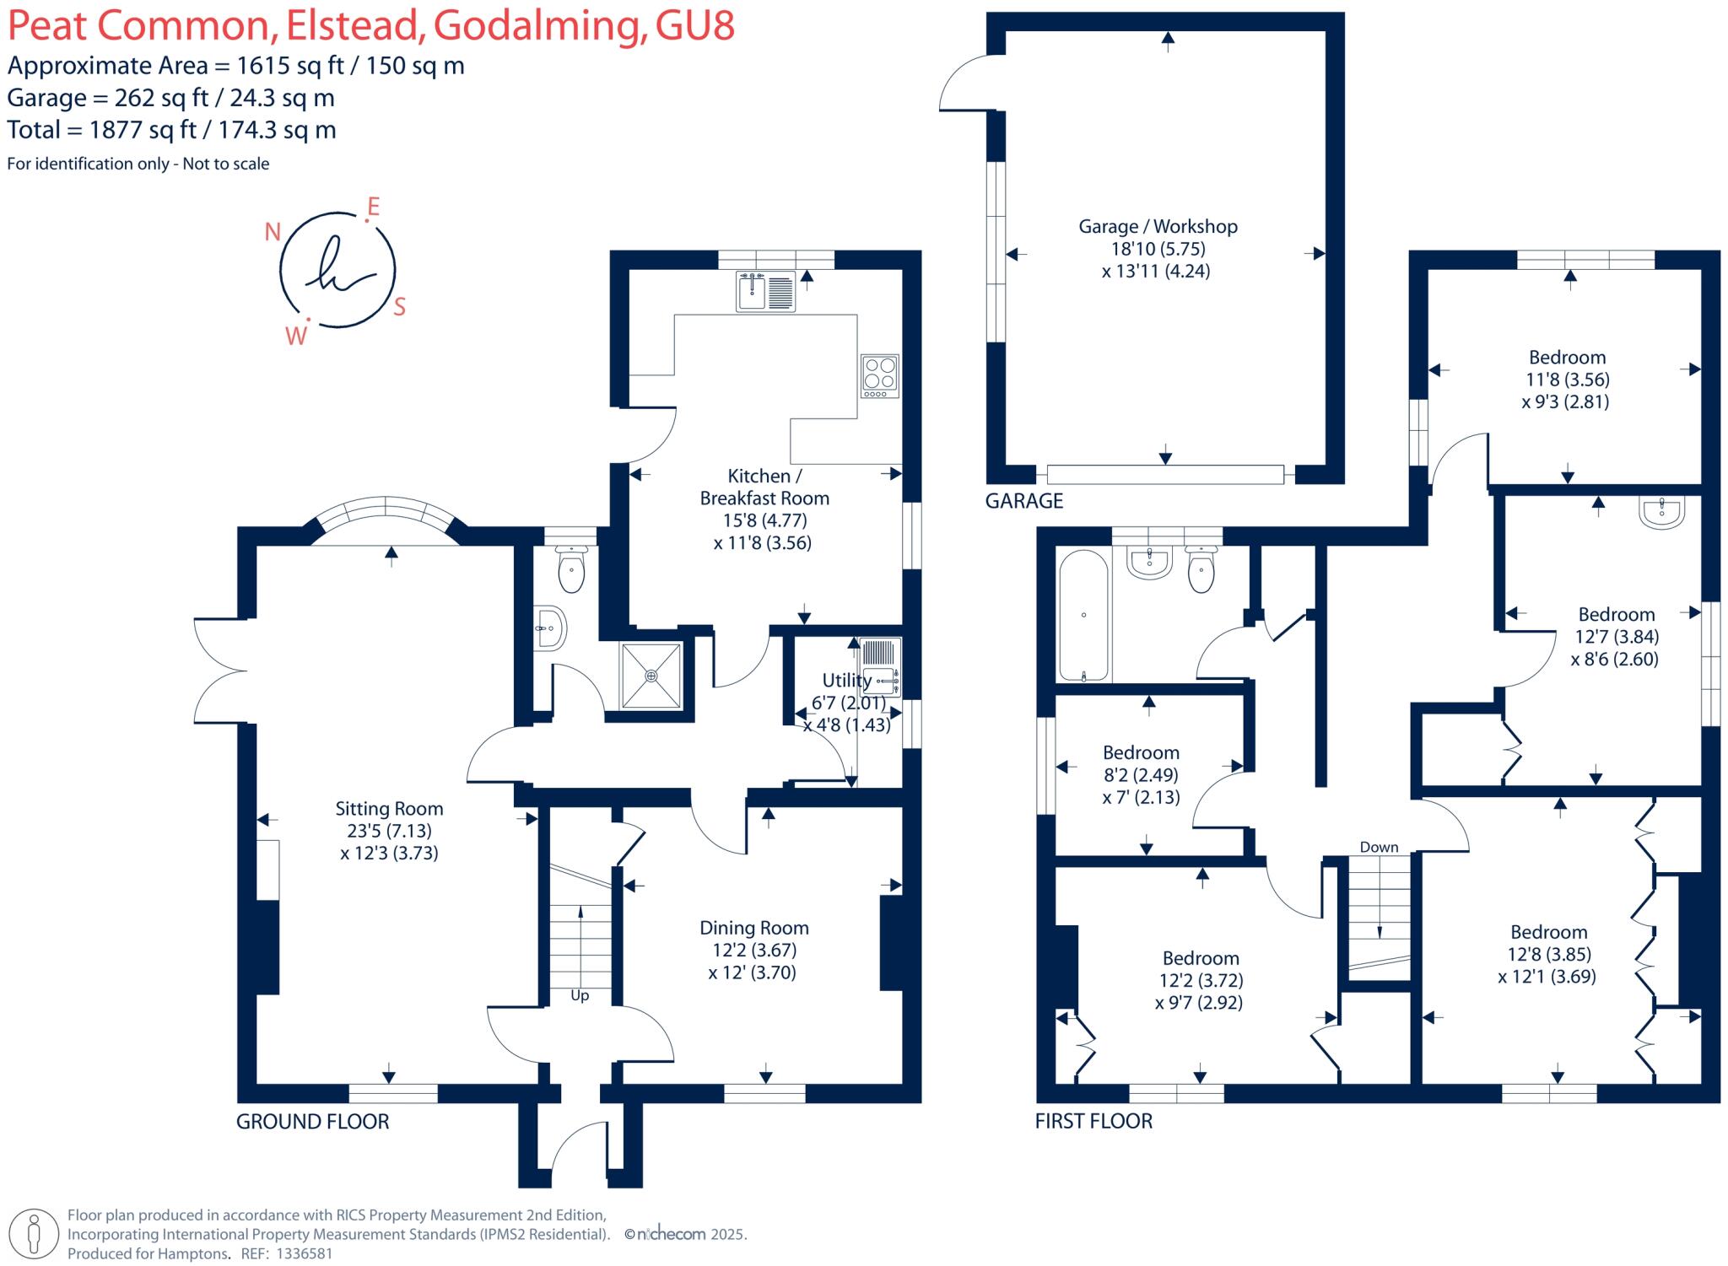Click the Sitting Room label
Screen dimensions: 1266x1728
point(389,809)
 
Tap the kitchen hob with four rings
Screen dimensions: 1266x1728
point(879,376)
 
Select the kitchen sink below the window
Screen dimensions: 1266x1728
point(765,292)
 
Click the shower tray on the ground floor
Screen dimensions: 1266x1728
point(651,676)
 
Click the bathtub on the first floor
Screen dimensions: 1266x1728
point(1083,617)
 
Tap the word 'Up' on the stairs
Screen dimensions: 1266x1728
point(580,996)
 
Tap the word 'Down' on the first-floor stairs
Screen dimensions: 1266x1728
point(1379,847)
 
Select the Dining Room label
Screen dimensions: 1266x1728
point(753,928)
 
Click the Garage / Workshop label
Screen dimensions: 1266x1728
point(1158,226)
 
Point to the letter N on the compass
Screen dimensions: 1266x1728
point(273,232)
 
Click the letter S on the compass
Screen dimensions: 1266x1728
point(400,307)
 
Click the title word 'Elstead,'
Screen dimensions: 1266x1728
point(354,26)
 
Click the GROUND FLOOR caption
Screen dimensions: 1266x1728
point(312,1122)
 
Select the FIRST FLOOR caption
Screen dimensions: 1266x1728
point(1093,1121)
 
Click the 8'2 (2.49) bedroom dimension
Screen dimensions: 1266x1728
point(1141,774)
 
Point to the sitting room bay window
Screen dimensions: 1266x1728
point(386,509)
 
